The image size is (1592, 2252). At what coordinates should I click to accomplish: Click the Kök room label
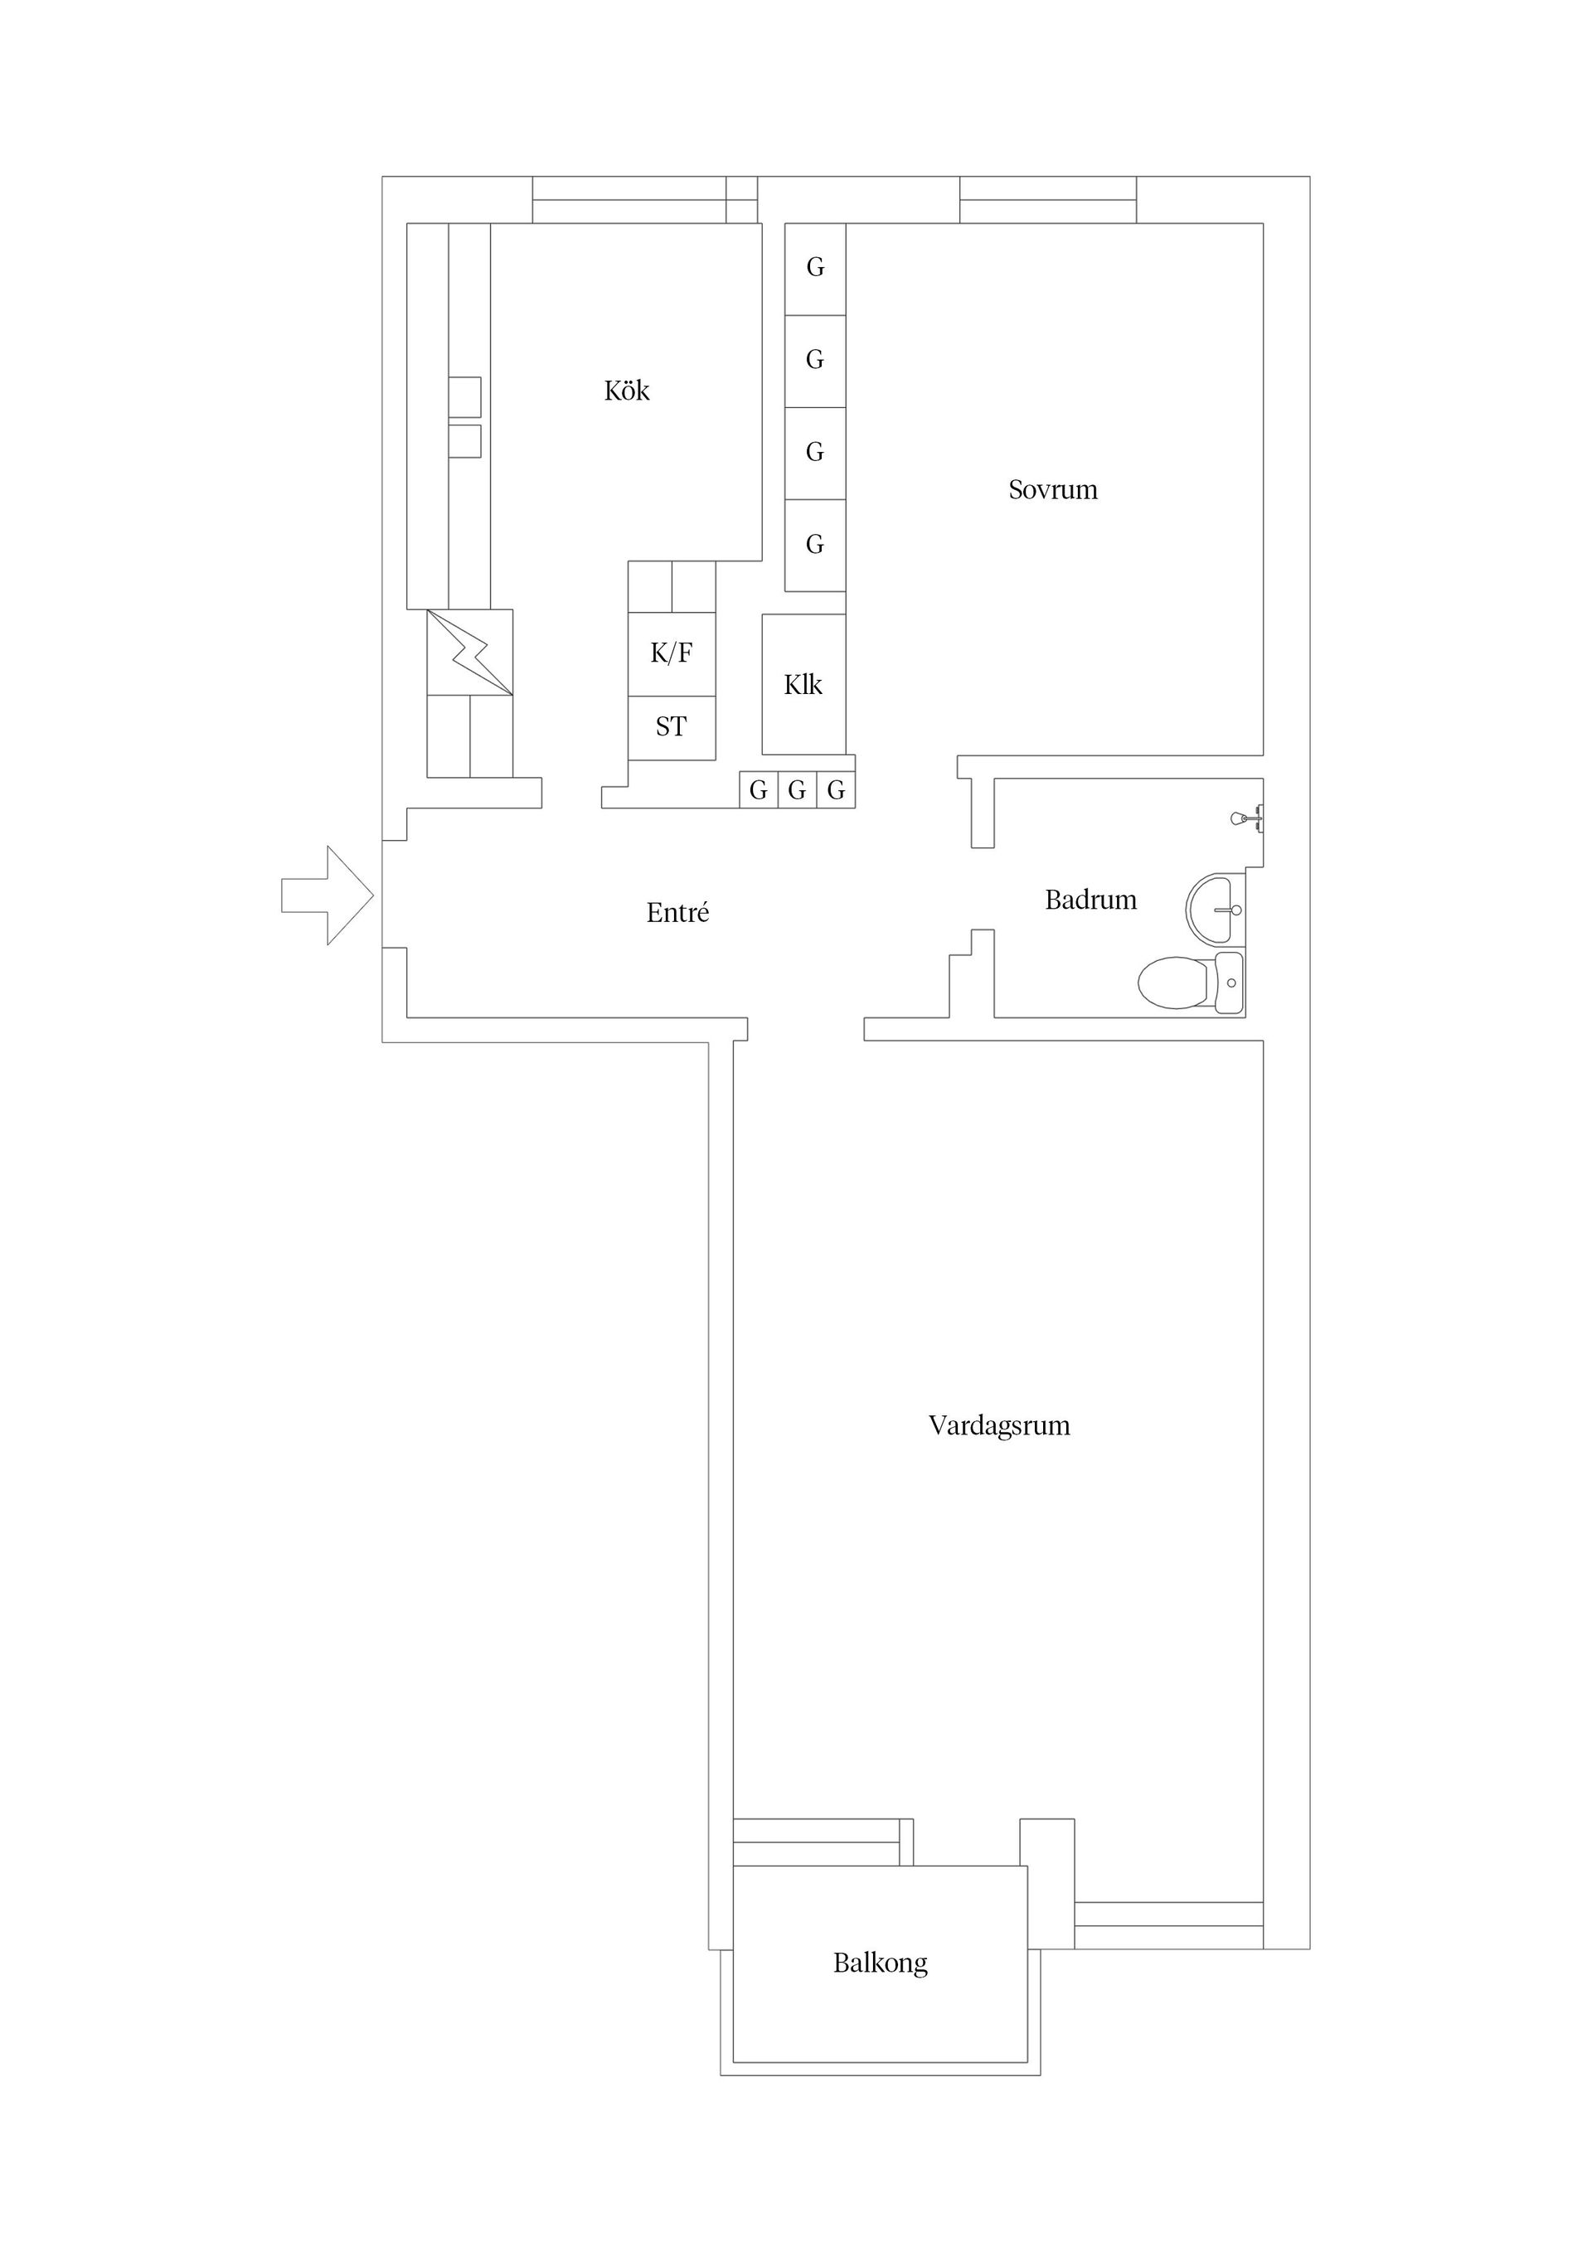click(x=627, y=391)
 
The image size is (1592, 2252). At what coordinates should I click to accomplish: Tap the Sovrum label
click(x=1052, y=489)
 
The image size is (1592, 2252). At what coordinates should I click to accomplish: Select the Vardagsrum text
click(x=998, y=1425)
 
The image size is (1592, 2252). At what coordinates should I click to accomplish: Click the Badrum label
click(x=1090, y=900)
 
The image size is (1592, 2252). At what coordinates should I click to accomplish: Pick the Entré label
click(x=677, y=913)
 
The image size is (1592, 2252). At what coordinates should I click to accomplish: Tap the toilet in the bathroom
click(x=1188, y=983)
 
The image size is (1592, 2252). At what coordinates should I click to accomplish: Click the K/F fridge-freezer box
click(x=671, y=653)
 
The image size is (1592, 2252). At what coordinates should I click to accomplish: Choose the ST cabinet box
click(x=671, y=727)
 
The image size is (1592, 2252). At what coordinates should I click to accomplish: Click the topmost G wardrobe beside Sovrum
click(x=815, y=268)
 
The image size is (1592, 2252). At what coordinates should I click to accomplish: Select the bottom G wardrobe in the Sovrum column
click(x=815, y=546)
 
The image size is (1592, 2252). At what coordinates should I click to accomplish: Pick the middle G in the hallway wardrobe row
click(x=797, y=789)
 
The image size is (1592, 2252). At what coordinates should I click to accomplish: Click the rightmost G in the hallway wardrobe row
click(x=836, y=789)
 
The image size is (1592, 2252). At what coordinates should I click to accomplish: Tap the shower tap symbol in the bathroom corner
click(x=1247, y=817)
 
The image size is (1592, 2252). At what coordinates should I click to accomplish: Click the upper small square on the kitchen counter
click(x=465, y=396)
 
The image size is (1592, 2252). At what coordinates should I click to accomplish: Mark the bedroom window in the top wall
click(x=1047, y=200)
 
